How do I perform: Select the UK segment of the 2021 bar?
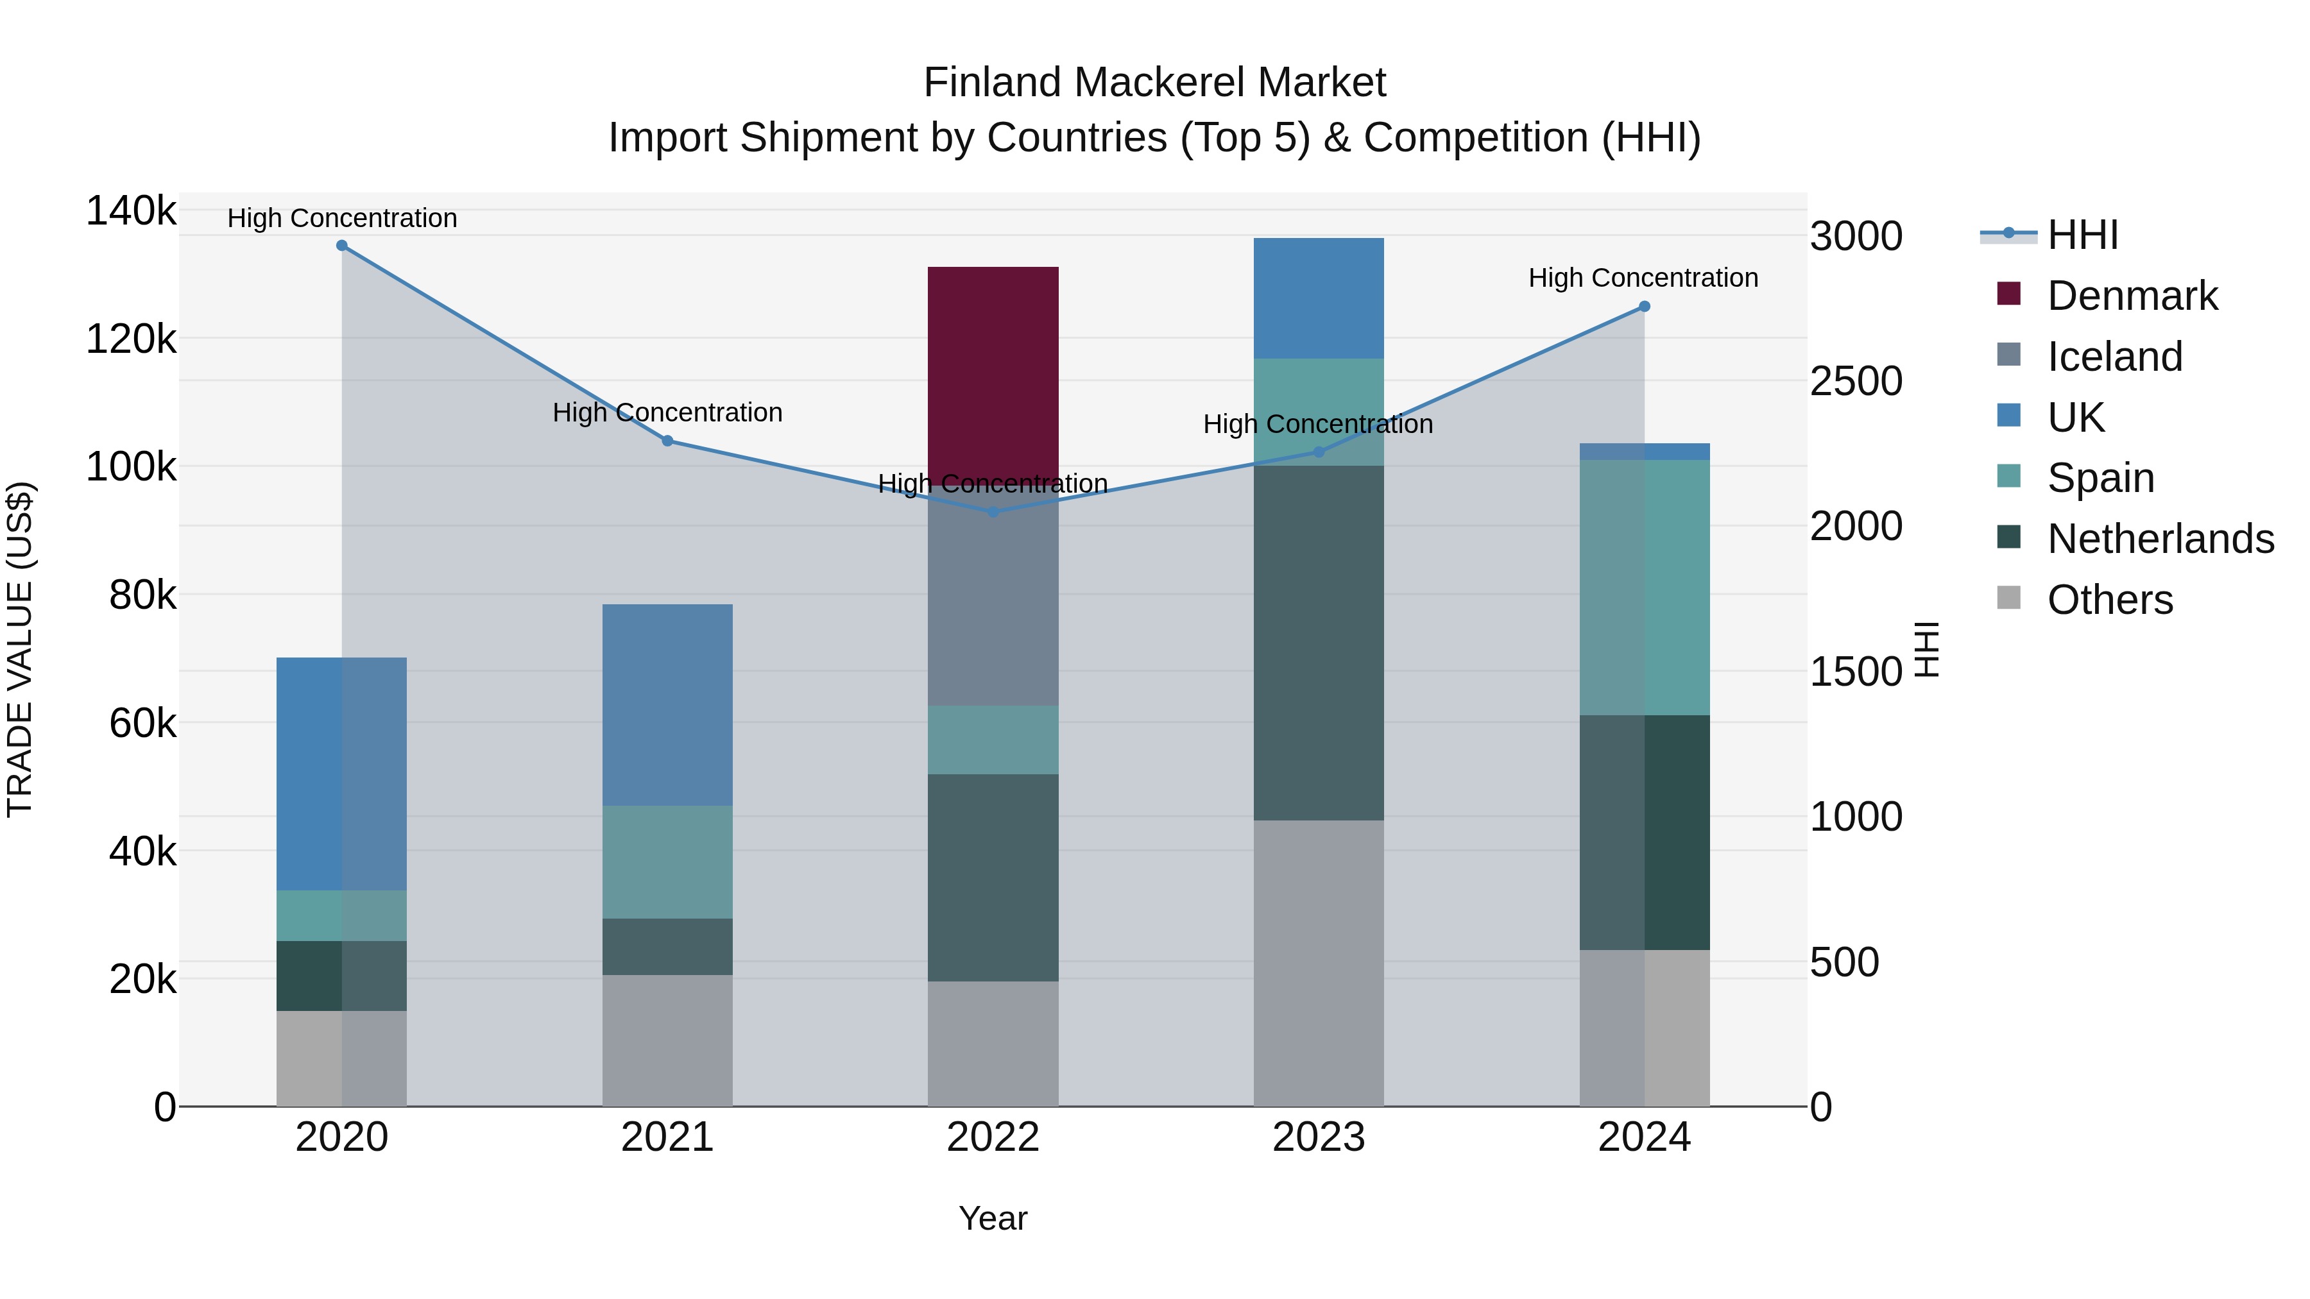[x=667, y=704]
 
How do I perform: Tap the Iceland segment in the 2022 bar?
[x=993, y=600]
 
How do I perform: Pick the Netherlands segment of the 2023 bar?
[x=1318, y=642]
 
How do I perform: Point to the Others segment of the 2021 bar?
[x=667, y=1040]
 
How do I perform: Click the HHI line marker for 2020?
[x=341, y=246]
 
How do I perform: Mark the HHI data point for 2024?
[x=1644, y=307]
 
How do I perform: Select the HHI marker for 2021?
[x=667, y=441]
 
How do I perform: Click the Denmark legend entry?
[x=2132, y=296]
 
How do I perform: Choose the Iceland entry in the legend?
[x=2114, y=357]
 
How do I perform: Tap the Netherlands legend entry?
[x=2159, y=539]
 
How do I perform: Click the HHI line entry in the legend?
[x=2082, y=235]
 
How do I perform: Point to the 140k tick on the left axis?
[x=131, y=212]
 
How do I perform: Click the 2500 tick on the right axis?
[x=1855, y=381]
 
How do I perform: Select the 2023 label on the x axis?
[x=1318, y=1137]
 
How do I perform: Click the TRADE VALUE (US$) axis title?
[x=20, y=649]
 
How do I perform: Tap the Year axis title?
[x=993, y=1218]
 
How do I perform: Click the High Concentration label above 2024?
[x=1643, y=278]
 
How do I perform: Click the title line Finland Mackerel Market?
[x=1154, y=83]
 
